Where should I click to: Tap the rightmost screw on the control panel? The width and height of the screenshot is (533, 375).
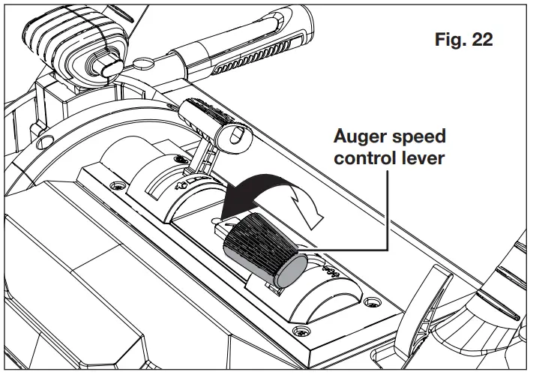pos(302,331)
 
